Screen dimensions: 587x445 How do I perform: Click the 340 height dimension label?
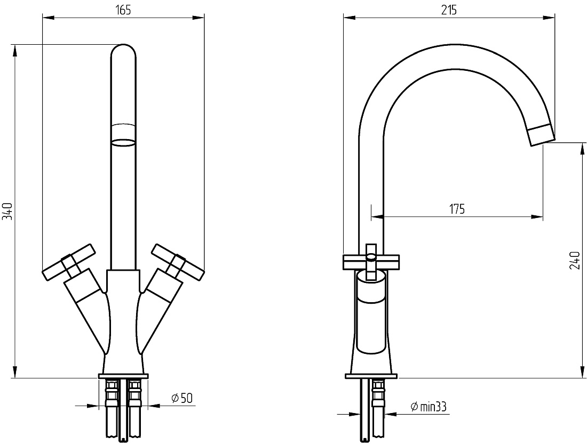point(8,211)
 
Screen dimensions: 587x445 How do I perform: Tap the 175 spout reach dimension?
point(457,209)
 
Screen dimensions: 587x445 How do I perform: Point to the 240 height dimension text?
point(575,261)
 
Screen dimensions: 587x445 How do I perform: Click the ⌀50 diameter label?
point(182,398)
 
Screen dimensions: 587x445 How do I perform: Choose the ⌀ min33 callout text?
point(429,407)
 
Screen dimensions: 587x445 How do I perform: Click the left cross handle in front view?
point(68,262)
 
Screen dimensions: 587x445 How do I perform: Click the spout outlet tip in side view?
point(541,135)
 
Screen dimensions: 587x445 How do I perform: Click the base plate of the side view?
point(371,376)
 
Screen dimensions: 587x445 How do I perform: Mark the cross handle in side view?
point(371,262)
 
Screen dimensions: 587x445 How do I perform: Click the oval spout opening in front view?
point(124,142)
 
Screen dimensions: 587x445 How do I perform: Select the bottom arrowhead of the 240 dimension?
point(581,371)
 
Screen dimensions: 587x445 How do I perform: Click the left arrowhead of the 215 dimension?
point(350,17)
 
